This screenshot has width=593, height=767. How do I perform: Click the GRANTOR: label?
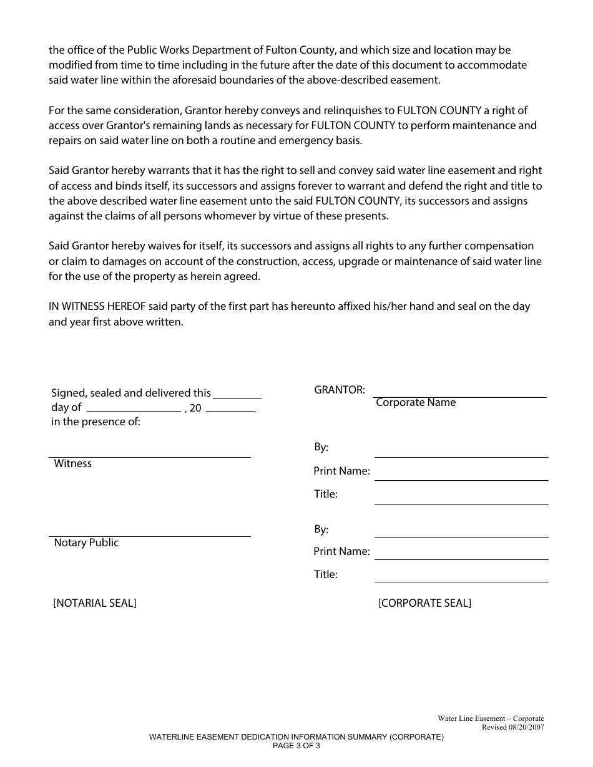pos(340,390)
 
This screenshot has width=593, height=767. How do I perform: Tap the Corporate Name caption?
pos(416,403)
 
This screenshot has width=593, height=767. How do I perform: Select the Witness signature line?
pos(150,456)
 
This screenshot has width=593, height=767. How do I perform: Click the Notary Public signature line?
pos(150,536)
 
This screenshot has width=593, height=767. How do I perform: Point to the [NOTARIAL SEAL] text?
pos(95,603)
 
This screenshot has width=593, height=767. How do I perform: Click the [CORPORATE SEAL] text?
pos(424,603)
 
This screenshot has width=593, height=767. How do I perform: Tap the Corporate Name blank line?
pos(460,397)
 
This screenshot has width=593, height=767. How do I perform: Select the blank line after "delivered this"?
pos(237,398)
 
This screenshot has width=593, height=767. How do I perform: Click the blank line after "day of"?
pos(134,411)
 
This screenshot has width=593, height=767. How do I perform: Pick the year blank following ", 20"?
pos(230,411)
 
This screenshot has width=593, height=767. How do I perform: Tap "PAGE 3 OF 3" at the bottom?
pos(296,745)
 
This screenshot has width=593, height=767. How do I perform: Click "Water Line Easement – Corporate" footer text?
pos(491,719)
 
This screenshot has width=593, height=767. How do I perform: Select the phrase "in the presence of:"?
pos(96,422)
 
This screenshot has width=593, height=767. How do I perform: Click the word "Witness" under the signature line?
pos(73,464)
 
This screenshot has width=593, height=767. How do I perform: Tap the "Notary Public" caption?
pos(86,543)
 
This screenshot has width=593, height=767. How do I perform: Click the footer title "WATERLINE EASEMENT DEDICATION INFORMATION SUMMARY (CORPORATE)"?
pos(296,737)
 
